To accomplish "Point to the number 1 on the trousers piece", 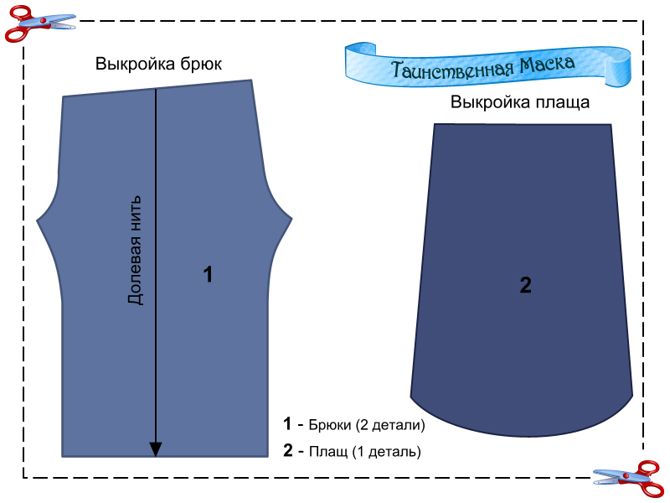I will coord(209,274).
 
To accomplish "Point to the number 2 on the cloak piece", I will coord(525,285).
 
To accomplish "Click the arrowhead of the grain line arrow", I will coord(156,450).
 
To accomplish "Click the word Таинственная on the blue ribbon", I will coord(442,67).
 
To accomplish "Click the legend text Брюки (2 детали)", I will coord(367,425).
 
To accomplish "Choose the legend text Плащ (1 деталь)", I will coord(364,451).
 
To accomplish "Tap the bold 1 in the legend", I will coord(288,424).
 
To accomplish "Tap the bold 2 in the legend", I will coord(288,451).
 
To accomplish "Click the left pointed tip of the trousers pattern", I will coord(38,221).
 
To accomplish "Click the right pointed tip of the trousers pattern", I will coord(291,220).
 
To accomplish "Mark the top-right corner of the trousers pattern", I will coord(251,80).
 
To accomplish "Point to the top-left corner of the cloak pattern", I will coord(435,124).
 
